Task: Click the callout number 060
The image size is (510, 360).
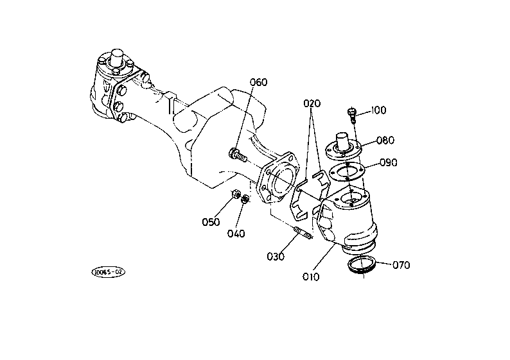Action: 259,82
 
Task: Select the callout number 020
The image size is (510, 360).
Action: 312,103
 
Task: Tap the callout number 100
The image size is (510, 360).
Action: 378,110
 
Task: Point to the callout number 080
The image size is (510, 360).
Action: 385,141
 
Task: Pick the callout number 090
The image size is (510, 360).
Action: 389,162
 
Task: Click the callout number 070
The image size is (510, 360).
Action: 401,265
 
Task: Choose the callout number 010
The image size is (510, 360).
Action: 311,277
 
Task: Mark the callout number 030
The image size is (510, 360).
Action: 276,256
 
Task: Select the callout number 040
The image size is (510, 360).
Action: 236,234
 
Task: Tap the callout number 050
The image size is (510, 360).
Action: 211,222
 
